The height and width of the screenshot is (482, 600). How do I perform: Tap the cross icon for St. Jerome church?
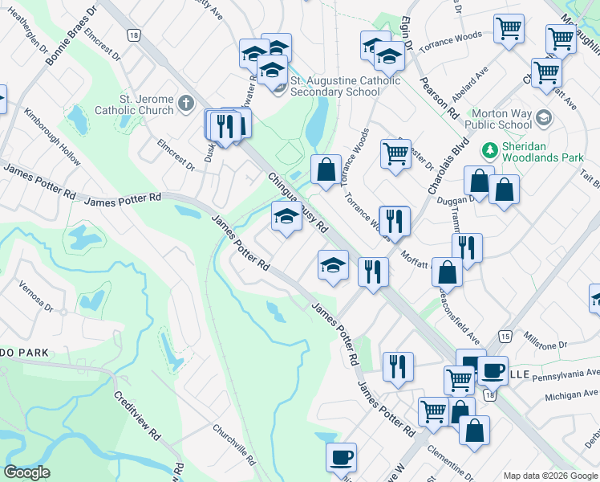(185, 103)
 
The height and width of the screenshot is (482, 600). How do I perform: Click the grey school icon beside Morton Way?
(543, 118)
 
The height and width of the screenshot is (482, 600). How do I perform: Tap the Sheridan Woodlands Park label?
(543, 153)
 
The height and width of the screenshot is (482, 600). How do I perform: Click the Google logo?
(26, 472)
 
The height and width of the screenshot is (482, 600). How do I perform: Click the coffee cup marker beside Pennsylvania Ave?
(494, 370)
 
